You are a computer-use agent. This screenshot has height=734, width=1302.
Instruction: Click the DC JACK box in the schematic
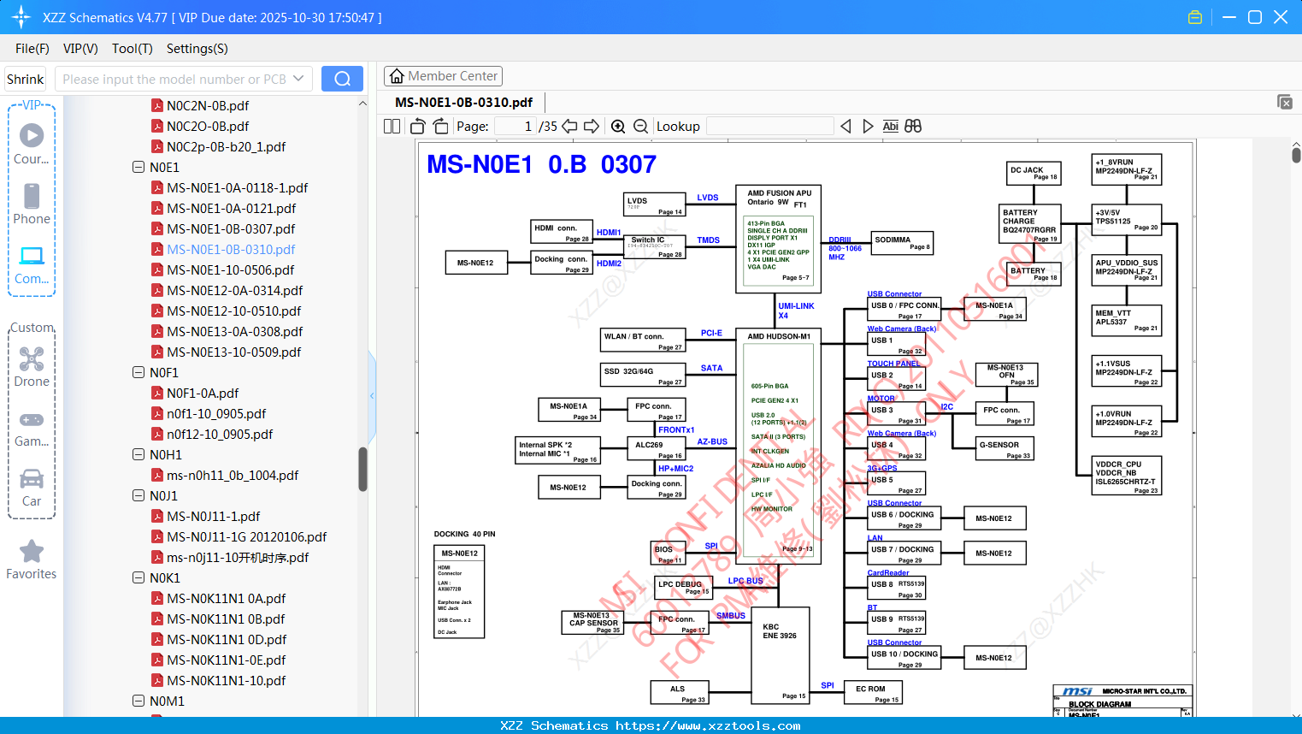coord(1034,173)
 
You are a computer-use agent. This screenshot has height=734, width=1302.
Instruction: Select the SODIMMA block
coord(901,243)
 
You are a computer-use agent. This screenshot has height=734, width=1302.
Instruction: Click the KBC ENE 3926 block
coord(780,654)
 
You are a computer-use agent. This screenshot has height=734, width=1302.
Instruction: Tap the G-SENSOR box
coord(1005,448)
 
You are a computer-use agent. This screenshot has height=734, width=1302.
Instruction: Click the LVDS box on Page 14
coord(655,204)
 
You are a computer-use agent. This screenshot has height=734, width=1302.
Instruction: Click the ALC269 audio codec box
coord(655,448)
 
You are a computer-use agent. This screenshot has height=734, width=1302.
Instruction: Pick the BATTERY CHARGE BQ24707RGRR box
coord(1030,224)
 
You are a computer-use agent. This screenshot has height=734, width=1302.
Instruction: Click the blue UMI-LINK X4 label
coord(795,311)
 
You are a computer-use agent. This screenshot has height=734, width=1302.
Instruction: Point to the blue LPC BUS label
coord(745,581)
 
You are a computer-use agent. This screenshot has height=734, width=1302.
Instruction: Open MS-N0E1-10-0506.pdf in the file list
coord(230,270)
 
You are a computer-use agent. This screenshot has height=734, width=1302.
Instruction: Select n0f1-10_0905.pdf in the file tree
coord(216,414)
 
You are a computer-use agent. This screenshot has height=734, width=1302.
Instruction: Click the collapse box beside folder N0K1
coord(138,578)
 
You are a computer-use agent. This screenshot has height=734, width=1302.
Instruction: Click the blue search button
coord(342,79)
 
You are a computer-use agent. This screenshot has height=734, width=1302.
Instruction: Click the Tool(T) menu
coord(132,49)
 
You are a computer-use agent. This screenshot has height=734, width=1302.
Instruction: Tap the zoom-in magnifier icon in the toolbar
coord(618,127)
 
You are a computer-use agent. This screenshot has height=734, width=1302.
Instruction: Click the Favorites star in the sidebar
coord(32,552)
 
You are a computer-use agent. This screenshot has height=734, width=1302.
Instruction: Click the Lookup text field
coord(769,127)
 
